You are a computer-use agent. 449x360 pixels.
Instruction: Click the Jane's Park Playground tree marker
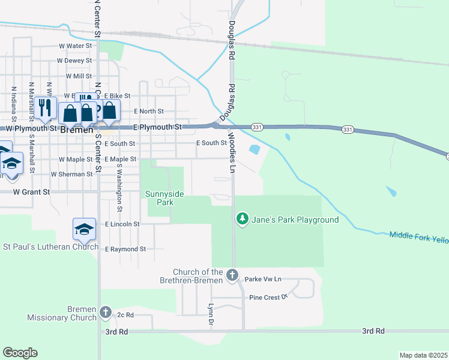(x=243, y=219)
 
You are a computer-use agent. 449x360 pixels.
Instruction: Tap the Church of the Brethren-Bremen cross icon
(x=233, y=277)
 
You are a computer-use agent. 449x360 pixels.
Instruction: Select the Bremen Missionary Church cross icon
(x=106, y=313)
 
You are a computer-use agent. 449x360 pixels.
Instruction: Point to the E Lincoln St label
(x=122, y=224)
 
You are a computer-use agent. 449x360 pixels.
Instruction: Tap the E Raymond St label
(x=125, y=249)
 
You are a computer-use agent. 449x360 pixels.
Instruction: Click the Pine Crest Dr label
(x=269, y=297)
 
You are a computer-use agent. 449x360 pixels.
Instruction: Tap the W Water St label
(x=75, y=45)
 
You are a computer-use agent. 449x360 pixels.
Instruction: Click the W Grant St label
(x=31, y=192)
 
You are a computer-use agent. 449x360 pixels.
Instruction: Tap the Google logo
(x=20, y=353)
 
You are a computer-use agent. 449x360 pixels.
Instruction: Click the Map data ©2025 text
(x=423, y=355)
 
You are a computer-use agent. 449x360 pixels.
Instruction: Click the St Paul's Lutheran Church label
(x=51, y=247)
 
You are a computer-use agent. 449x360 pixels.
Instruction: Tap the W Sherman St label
(x=72, y=174)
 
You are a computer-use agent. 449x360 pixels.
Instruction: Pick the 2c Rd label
(x=124, y=314)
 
